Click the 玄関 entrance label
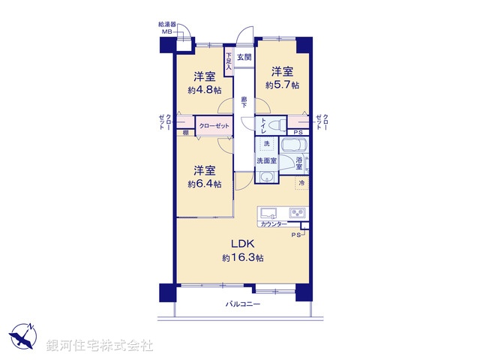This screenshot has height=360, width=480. [x=244, y=57]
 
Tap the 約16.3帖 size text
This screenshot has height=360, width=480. [x=242, y=258]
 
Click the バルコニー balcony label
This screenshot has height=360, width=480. [x=243, y=304]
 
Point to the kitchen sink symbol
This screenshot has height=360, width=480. [x=268, y=213]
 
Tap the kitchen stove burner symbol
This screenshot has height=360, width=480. [x=298, y=214]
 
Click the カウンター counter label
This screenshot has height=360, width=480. [x=272, y=224]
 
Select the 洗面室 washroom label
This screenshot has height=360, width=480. [x=267, y=160]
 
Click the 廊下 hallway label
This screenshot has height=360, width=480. [x=244, y=102]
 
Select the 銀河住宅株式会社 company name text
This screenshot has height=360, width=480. [x=100, y=346]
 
